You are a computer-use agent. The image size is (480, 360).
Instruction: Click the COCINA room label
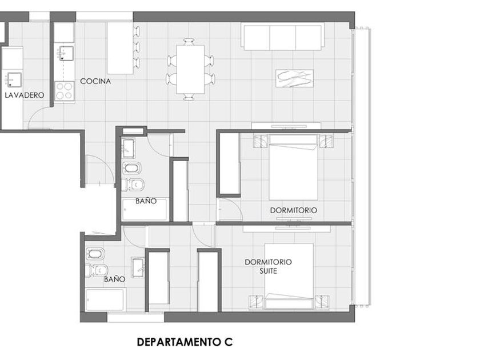pos(95,81)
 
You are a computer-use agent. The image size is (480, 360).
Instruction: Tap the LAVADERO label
pos(25,95)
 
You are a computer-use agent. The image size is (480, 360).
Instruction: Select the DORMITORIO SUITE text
pos(268,266)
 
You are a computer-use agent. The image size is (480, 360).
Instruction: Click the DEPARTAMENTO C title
pos(185,342)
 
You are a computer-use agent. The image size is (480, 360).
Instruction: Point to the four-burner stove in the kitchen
pos(64,91)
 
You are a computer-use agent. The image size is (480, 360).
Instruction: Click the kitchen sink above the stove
pos(66,54)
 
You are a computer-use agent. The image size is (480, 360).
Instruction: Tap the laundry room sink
pos(14,79)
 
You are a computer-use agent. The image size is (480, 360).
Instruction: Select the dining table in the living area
pos(190,69)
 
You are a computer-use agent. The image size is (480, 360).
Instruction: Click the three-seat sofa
pos(284,37)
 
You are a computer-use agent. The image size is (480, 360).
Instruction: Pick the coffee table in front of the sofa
pos(294,79)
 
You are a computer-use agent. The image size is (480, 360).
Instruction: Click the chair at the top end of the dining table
pos(189,42)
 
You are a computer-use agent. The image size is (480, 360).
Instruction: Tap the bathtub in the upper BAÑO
pos(144,209)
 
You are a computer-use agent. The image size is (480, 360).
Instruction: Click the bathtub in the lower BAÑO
pos(104,300)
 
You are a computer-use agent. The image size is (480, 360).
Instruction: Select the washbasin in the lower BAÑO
pos(138,267)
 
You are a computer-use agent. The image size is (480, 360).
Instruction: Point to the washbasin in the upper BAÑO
pos(128,148)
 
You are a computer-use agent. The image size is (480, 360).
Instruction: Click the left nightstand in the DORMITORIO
pos(261,141)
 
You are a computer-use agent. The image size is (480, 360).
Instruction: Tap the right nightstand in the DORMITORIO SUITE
pos(322,302)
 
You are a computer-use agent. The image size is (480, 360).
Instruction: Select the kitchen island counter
pos(119,48)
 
